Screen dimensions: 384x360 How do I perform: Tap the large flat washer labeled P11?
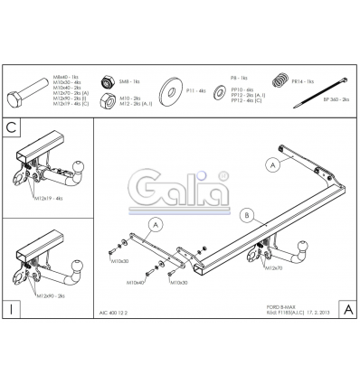pyautogui.click(x=169, y=92)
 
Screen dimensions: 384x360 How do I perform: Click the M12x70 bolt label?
pyautogui.click(x=274, y=268)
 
